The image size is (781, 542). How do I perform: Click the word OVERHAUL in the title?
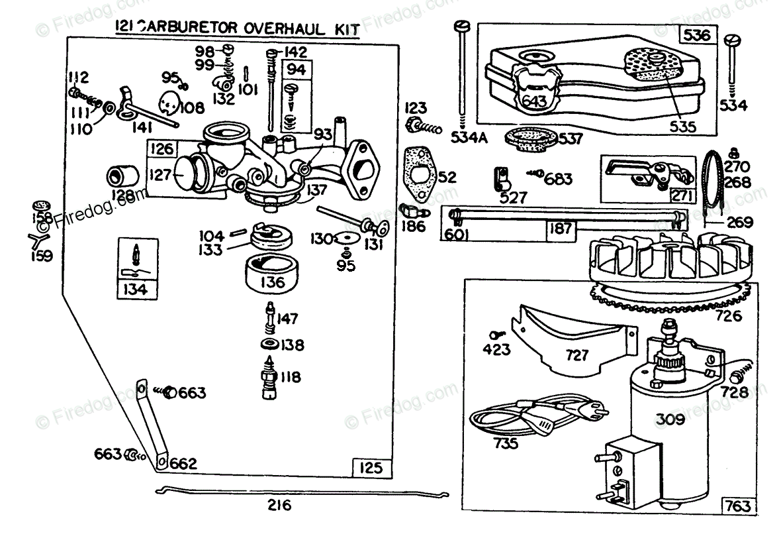pyautogui.click(x=258, y=28)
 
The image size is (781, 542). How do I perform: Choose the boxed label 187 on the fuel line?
pyautogui.click(x=560, y=229)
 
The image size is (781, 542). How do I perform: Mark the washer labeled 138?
pyautogui.click(x=269, y=345)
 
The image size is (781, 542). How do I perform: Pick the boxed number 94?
pyautogui.click(x=296, y=68)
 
